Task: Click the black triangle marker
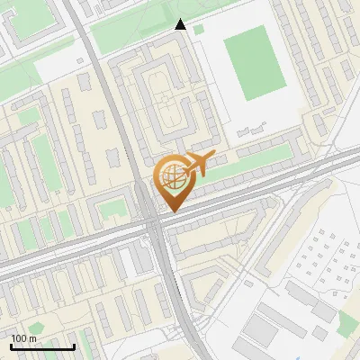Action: (180, 24)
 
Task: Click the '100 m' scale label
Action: (23, 337)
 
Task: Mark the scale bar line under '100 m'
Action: (41, 346)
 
